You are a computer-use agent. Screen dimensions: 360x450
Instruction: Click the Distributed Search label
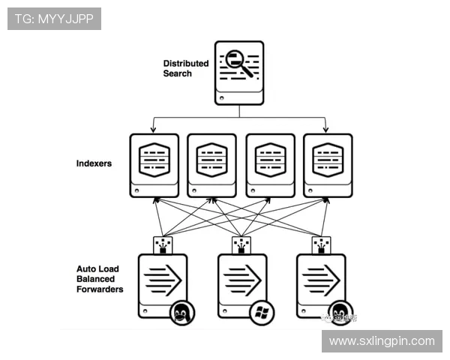(185, 68)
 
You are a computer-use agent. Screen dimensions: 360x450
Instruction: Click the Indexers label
(94, 163)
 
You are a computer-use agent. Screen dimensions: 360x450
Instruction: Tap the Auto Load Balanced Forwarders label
(100, 278)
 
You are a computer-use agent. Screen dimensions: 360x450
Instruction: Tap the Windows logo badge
(260, 311)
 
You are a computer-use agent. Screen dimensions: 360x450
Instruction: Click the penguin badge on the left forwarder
(181, 311)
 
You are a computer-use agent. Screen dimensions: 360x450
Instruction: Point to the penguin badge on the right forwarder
(340, 311)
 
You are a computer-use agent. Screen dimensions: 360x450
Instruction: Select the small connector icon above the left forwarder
(163, 245)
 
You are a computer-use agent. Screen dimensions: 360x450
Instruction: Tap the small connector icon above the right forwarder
(321, 245)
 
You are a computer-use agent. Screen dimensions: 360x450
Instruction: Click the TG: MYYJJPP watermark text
(54, 19)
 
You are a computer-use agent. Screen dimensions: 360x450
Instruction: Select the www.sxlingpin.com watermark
(382, 341)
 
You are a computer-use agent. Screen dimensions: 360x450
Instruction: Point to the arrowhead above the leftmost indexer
(154, 129)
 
